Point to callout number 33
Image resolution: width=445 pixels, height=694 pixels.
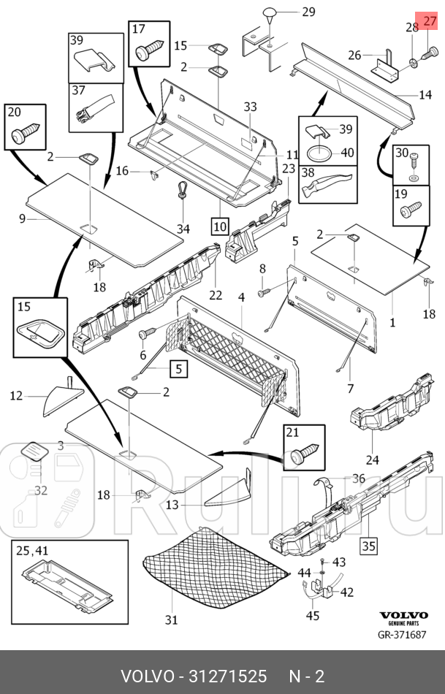pyautogui.click(x=250, y=107)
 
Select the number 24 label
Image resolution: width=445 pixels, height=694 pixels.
pyautogui.click(x=372, y=460)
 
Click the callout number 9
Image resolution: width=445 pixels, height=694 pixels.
pyautogui.click(x=22, y=218)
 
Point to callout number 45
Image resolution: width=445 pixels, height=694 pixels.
pyautogui.click(x=312, y=615)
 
